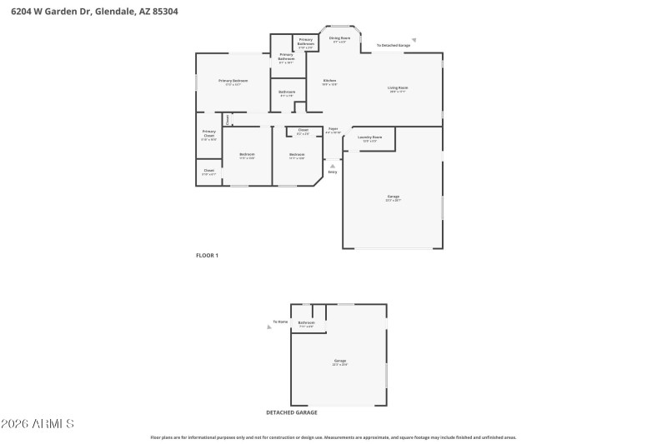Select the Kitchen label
click(329, 82)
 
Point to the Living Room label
click(397, 88)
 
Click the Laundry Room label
click(369, 138)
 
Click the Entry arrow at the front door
click(333, 166)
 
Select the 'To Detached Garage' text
click(394, 45)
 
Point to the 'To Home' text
click(281, 322)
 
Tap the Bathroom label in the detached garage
click(306, 323)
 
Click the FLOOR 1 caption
click(207, 255)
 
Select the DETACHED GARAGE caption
click(291, 412)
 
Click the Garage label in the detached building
click(339, 362)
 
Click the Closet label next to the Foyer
click(303, 131)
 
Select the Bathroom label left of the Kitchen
click(287, 92)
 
